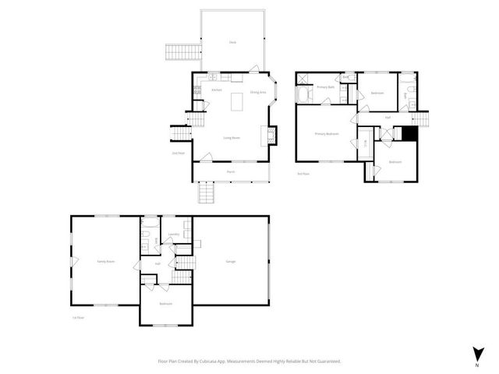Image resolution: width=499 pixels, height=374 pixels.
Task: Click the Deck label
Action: pos(232,42)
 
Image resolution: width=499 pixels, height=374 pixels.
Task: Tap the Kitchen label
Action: pos(217,90)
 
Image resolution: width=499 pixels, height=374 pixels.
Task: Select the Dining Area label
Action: pos(257,93)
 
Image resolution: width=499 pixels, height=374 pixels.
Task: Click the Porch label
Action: pos(231,171)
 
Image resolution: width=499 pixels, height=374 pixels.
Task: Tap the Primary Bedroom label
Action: pos(326,134)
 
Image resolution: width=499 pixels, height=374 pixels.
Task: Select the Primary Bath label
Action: pos(326,87)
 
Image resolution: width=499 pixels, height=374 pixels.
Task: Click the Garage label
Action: pos(231,261)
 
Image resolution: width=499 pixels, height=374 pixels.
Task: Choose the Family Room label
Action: pos(105,261)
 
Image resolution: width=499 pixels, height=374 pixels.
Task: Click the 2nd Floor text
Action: pos(178,153)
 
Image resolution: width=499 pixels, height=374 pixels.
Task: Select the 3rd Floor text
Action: pos(303,174)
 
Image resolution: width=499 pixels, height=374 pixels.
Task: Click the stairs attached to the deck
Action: pos(176,54)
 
